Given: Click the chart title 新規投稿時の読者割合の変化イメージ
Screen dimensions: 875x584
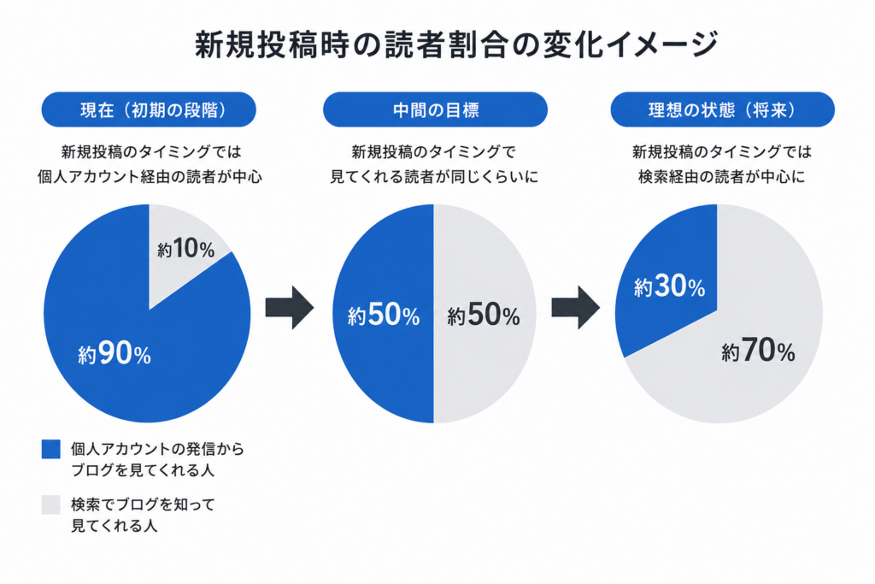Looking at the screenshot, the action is (456, 44).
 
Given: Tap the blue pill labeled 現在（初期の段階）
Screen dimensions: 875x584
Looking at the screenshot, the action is (149, 109).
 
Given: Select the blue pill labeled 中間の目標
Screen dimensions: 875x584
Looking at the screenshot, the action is (435, 109).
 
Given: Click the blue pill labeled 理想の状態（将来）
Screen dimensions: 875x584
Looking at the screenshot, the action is (723, 109).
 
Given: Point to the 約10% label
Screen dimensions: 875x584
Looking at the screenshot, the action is (185, 249).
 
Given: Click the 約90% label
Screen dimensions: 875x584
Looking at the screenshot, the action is (115, 353).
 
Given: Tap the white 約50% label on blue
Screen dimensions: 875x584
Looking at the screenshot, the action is (384, 315).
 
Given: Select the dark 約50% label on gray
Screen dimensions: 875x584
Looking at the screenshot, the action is (484, 315).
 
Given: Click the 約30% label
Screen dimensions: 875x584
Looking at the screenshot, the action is (669, 286).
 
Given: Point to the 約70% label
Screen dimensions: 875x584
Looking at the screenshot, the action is (758, 351).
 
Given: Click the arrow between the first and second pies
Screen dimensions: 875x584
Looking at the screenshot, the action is (290, 308).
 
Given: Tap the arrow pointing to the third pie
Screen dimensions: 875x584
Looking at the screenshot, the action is (576, 308).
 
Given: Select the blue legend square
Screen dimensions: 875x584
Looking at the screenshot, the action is (50, 449).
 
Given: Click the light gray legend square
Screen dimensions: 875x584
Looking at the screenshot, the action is (50, 504).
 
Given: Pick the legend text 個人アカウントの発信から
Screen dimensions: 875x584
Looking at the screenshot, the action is (157, 449).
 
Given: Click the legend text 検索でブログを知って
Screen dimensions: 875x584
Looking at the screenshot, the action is (143, 504).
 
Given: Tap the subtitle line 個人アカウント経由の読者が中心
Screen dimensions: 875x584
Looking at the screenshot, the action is (150, 177).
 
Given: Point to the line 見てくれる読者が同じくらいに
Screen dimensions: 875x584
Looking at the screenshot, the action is (434, 177).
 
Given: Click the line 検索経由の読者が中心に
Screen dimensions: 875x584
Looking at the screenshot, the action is (721, 177).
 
